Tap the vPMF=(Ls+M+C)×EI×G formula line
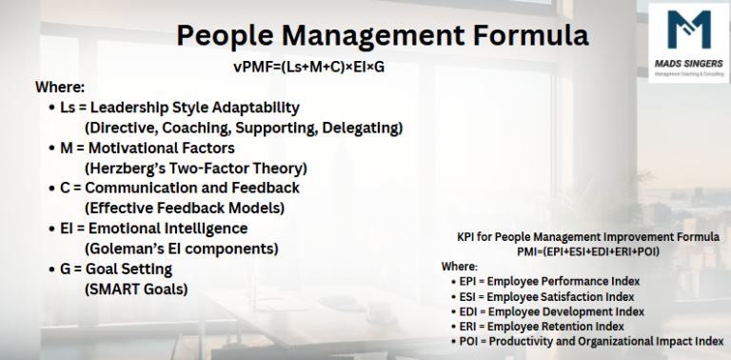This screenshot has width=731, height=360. click(313, 68)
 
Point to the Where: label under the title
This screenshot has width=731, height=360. click(60, 88)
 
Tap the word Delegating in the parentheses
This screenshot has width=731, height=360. click(365, 127)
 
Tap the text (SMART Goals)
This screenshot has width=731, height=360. click(136, 289)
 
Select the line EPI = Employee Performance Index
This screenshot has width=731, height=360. click(550, 282)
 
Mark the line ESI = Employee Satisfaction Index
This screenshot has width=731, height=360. click(547, 296)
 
